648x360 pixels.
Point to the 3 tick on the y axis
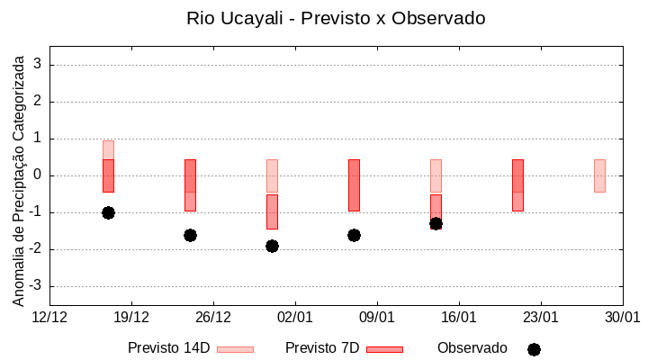click(x=38, y=65)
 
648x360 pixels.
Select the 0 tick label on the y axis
click(x=38, y=175)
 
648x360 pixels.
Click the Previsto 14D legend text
click(x=168, y=348)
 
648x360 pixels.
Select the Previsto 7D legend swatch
click(x=384, y=349)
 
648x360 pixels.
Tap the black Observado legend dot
click(x=534, y=349)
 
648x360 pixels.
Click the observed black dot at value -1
click(x=108, y=212)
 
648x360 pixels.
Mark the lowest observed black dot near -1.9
click(x=272, y=246)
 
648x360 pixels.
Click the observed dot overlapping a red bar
click(x=436, y=223)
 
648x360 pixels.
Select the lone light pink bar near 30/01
click(x=599, y=175)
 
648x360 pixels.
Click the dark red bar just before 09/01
click(x=354, y=184)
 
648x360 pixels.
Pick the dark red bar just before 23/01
click(x=517, y=184)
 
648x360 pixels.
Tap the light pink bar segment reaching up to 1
click(x=108, y=149)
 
